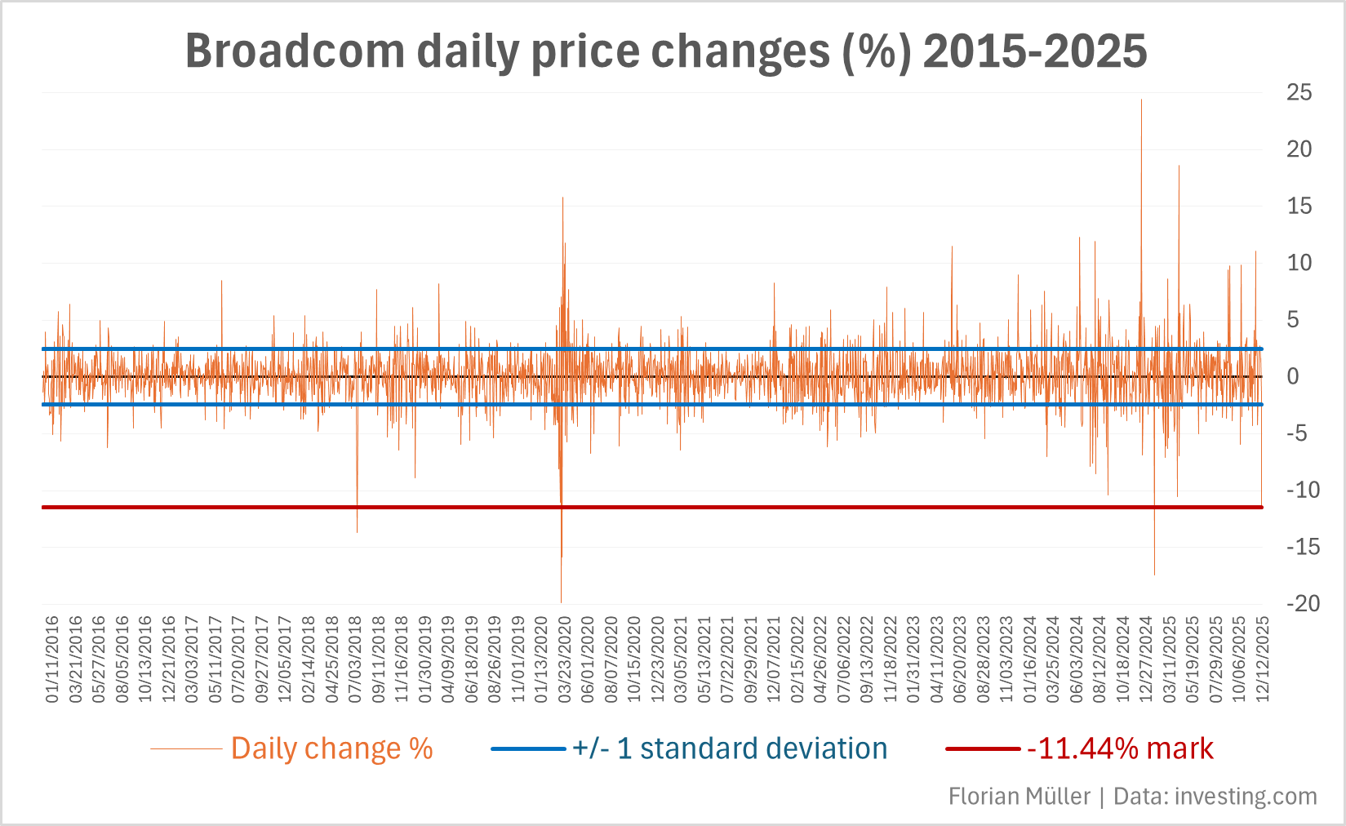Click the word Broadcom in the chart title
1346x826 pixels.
coord(295,51)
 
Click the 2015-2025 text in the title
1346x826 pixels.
coord(1035,51)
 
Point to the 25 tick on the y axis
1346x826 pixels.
coord(1299,93)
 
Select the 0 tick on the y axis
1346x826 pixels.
coord(1292,376)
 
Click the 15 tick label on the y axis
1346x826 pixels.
coord(1299,206)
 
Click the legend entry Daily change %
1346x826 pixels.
coord(331,748)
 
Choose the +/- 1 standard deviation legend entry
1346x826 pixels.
coord(730,748)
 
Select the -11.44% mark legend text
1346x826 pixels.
coord(1120,748)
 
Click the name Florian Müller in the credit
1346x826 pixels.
coord(1019,796)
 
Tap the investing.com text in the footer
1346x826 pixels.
coord(1246,796)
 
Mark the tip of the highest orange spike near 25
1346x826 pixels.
coord(1141,100)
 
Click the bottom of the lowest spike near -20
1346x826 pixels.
coord(561,602)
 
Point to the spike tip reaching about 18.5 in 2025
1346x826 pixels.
coord(1179,167)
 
